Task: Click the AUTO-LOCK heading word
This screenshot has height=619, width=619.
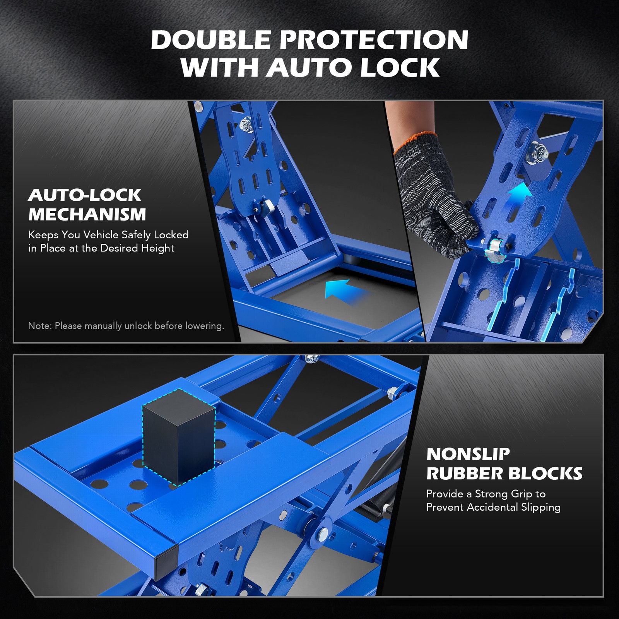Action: (x=85, y=195)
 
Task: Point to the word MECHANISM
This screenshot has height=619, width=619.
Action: (x=87, y=215)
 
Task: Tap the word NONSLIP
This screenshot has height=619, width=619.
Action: (x=468, y=454)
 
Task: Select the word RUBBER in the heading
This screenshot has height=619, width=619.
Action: (x=464, y=474)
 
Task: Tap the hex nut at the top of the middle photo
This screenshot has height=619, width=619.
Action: (x=245, y=125)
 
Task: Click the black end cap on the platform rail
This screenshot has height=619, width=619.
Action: (x=166, y=561)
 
